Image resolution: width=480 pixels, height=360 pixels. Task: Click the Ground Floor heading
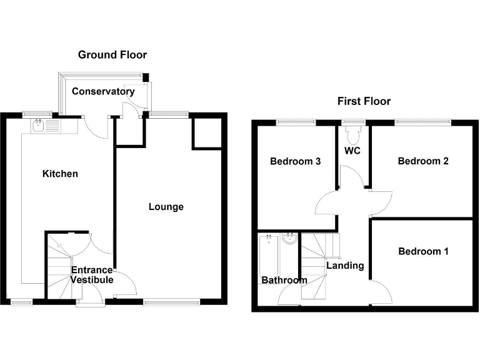point(112,55)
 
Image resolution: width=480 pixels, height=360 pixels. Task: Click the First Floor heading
point(364,101)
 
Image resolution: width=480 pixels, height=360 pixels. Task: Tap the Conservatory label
point(102,91)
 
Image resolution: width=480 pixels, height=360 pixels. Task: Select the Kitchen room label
point(60,173)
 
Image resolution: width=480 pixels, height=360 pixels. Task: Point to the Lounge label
point(166,206)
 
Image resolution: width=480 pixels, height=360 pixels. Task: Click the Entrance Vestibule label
point(92,275)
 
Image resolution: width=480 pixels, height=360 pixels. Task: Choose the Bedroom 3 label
point(295,161)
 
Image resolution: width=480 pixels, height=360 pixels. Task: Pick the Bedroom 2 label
point(423,161)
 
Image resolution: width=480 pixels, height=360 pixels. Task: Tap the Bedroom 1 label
point(423,251)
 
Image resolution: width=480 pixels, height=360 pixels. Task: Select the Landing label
point(345,266)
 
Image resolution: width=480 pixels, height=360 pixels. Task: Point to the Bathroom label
point(284,280)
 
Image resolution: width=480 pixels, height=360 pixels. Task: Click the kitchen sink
point(39,126)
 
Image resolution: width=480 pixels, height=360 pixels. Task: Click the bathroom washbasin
point(290,239)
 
